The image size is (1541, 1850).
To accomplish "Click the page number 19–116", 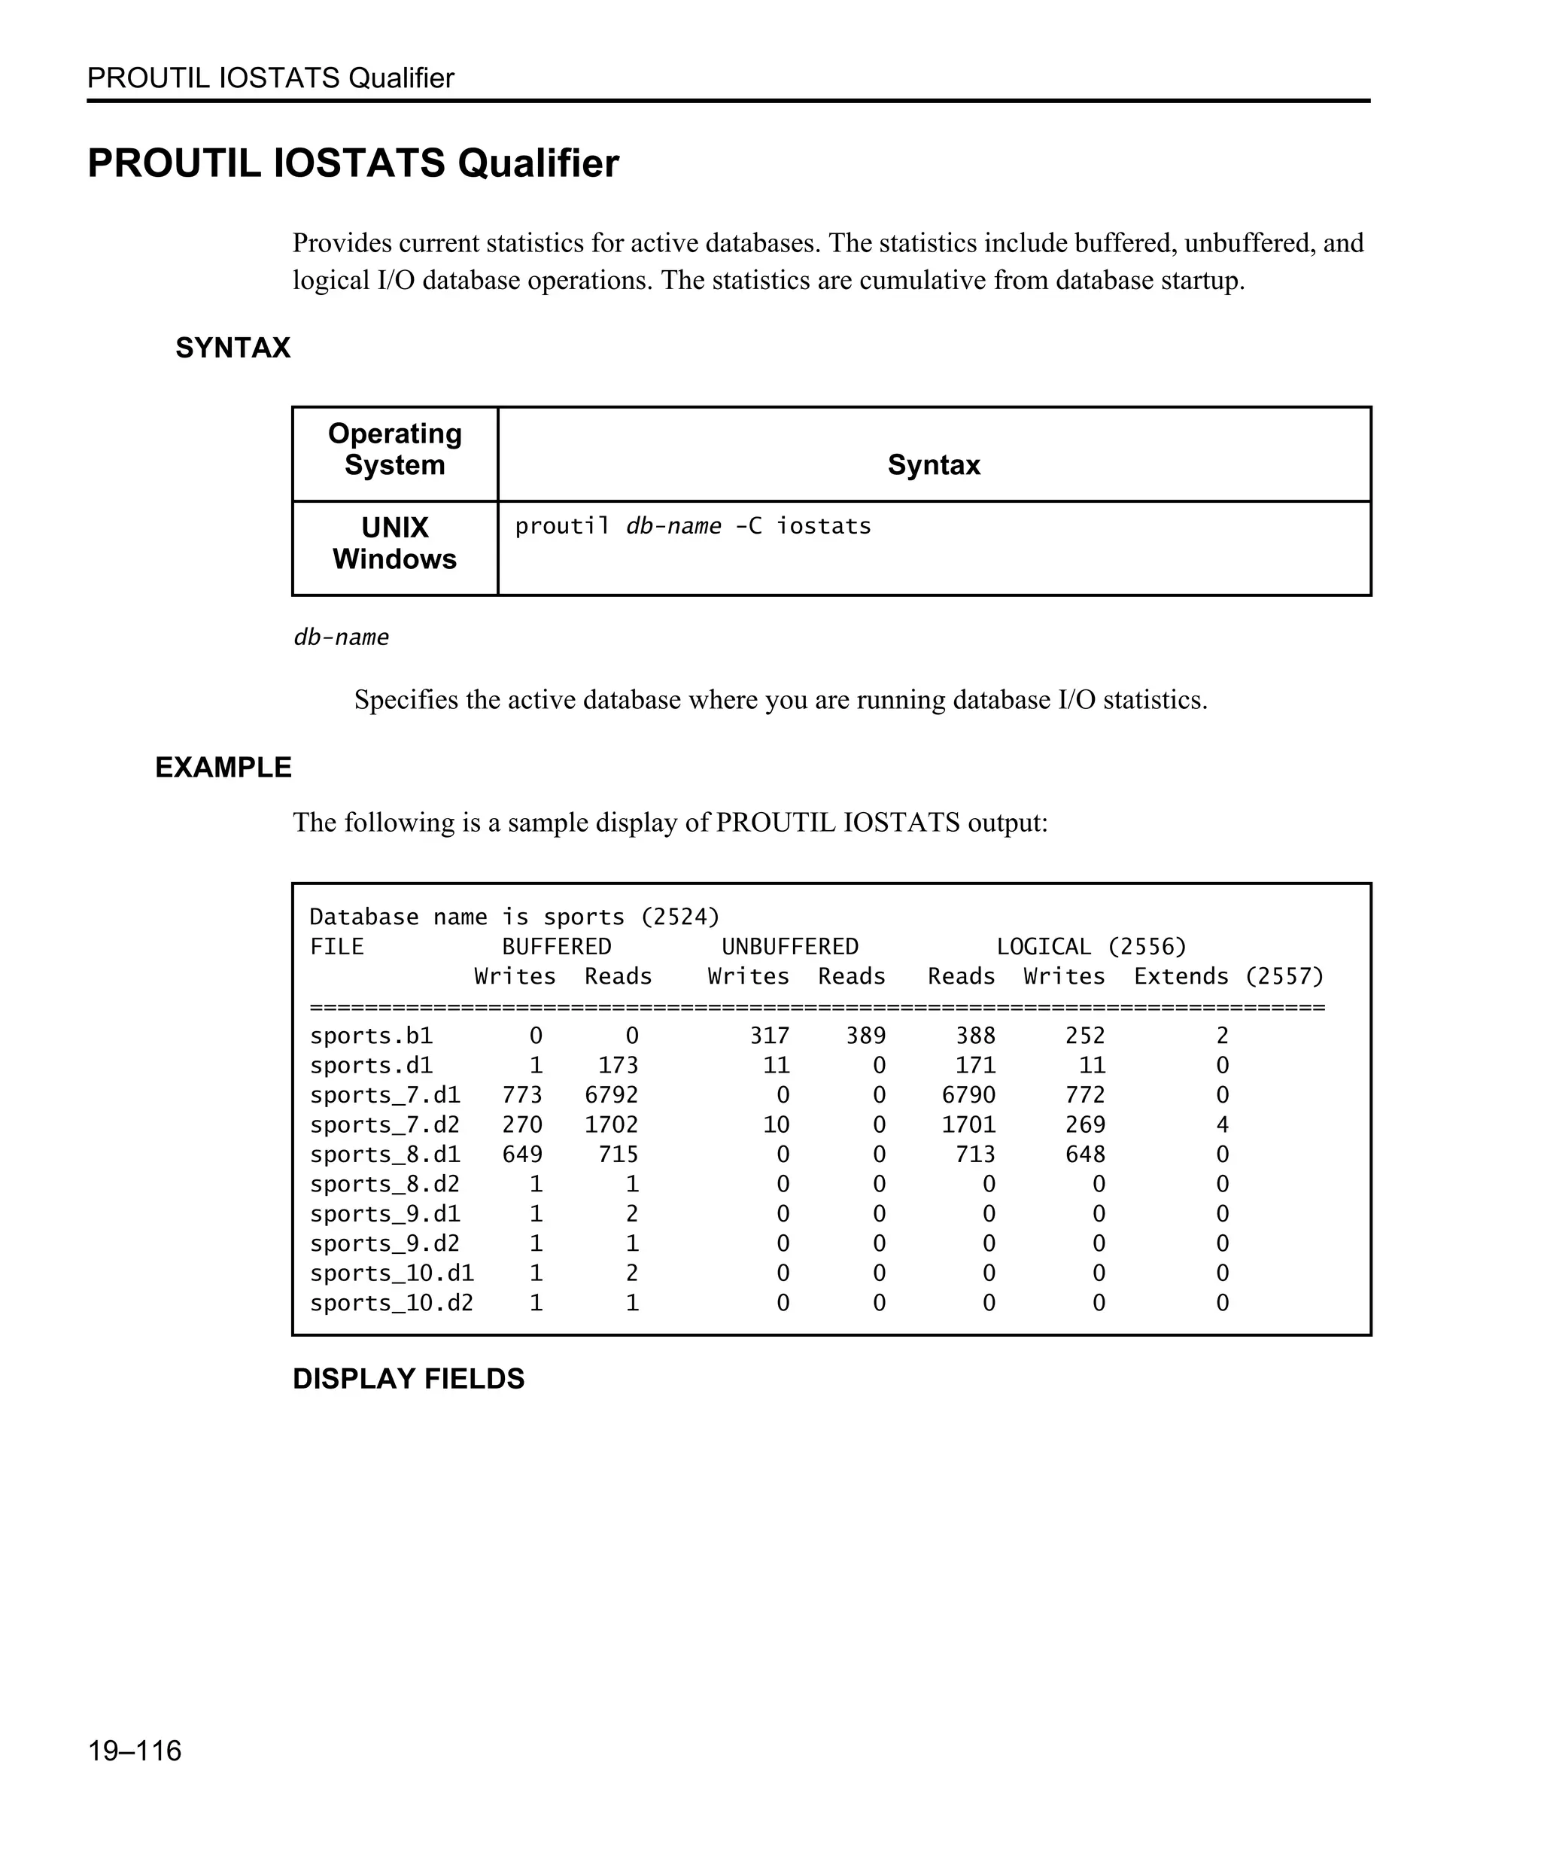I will [134, 1751].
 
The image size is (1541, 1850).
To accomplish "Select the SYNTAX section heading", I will [233, 348].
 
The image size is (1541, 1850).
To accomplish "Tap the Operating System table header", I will [394, 449].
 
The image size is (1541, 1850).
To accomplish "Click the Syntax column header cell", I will [934, 465].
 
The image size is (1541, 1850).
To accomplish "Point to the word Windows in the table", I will [394, 559].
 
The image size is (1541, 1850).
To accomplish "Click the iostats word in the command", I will [823, 526].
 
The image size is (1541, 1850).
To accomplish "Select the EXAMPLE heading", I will [223, 767].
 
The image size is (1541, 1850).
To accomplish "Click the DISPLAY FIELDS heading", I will [408, 1379].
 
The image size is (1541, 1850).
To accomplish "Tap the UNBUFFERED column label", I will [790, 947].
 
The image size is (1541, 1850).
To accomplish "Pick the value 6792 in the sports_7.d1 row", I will [611, 1095].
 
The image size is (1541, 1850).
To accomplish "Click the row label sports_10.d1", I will [391, 1273].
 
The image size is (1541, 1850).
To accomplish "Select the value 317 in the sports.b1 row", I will [769, 1036].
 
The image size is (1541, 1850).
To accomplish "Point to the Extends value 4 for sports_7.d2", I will [1221, 1125].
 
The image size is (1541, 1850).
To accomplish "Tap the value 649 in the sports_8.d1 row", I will [522, 1154].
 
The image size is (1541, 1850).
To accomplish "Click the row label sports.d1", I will [371, 1066].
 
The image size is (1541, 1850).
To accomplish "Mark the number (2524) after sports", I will [679, 917].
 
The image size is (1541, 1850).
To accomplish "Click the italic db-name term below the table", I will [341, 637].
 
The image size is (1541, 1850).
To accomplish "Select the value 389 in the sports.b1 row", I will [865, 1036].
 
